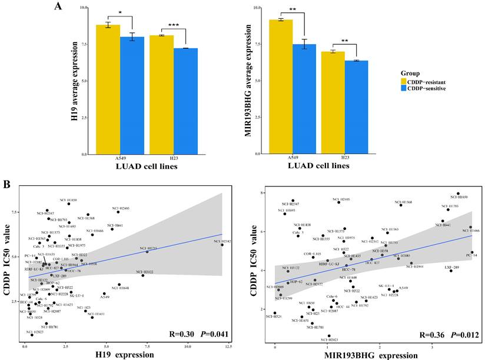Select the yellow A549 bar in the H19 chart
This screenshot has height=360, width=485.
coord(108,88)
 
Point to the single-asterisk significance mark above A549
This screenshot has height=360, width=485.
coord(120,12)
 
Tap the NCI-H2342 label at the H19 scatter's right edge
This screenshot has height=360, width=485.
coord(222,241)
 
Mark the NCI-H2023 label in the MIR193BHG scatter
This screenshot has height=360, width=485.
coord(328,339)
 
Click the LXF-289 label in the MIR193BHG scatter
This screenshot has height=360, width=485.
coord(451,267)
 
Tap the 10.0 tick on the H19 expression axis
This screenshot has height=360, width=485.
coord(189,347)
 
